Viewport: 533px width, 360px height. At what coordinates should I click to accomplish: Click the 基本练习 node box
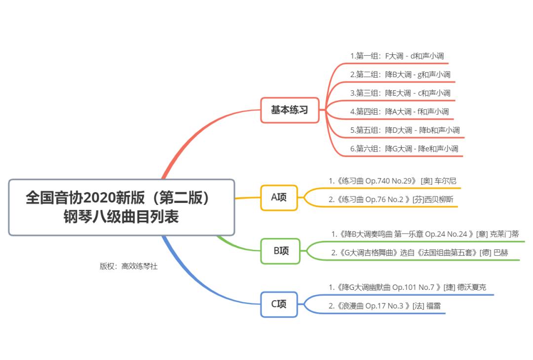289,110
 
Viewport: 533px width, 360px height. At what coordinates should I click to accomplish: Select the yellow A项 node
279,198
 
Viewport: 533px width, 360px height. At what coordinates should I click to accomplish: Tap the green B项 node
281,251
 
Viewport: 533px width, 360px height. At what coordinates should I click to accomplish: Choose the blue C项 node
279,304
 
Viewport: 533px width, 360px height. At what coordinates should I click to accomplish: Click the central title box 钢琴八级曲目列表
121,207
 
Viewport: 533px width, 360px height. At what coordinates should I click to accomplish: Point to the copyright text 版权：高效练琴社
128,266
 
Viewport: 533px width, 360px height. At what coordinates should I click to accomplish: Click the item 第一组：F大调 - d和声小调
390,56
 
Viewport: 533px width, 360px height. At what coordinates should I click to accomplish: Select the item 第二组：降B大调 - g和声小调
400,75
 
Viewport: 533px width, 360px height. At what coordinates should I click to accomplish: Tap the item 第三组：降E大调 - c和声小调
400,93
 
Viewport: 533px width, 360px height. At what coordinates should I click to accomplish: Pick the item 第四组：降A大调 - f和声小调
399,112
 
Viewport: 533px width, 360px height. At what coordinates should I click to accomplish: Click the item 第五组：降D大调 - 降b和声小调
405,130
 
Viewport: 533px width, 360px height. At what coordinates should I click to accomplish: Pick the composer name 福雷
433,306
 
